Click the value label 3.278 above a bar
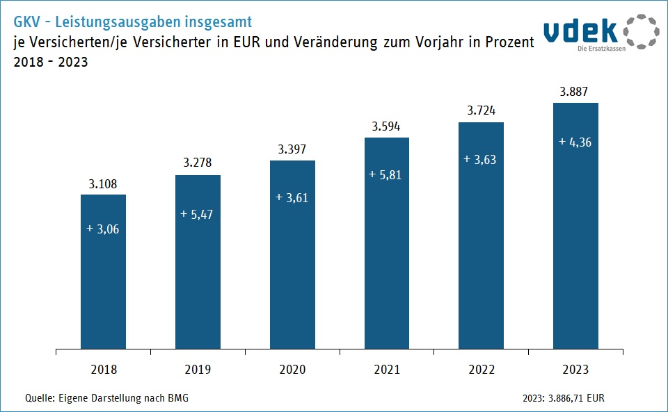click(x=198, y=163)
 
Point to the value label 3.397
click(x=292, y=149)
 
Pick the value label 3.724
click(x=481, y=110)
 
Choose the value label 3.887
click(x=575, y=91)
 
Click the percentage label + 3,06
click(x=103, y=229)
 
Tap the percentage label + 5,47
click(x=198, y=214)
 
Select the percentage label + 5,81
click(x=387, y=175)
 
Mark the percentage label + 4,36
click(x=575, y=142)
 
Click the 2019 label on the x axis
click(x=198, y=370)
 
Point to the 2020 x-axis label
click(x=292, y=370)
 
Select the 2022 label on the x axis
click(x=481, y=370)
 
